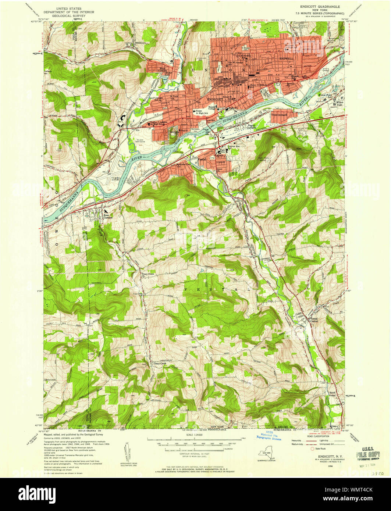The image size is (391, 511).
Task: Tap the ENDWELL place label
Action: (x=286, y=58)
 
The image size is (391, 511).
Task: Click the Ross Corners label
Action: (x=109, y=216)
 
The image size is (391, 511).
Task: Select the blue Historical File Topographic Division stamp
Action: (x=269, y=436)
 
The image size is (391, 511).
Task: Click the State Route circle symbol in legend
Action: (x=313, y=449)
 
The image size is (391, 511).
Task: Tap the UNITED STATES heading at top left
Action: (x=69, y=8)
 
